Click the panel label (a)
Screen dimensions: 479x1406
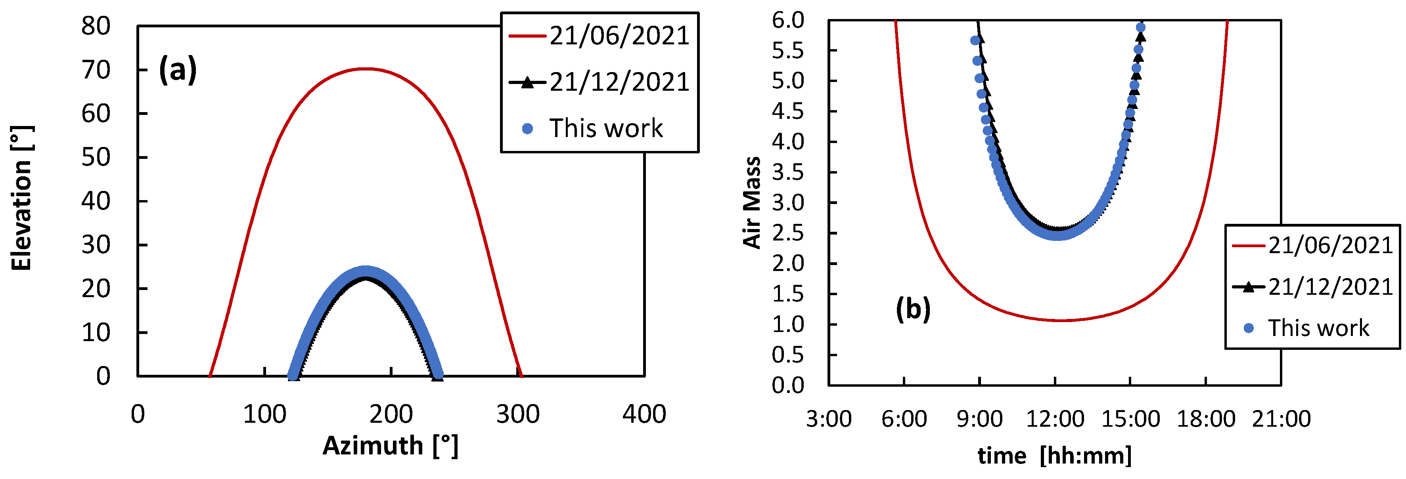177,70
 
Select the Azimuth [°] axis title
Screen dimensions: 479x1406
390,446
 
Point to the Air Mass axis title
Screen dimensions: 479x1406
752,202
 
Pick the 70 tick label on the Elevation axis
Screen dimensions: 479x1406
96,70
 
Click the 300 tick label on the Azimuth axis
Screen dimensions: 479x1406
517,415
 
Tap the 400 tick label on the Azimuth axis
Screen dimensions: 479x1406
644,415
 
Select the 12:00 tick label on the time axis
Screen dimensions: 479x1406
1055,419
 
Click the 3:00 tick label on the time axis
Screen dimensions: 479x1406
829,419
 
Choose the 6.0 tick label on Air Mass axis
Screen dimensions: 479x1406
787,20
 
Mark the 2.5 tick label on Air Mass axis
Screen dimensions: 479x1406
787,233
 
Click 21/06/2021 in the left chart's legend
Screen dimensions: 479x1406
619,36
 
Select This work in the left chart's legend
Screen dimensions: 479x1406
606,129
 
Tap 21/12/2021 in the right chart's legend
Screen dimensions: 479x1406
1330,287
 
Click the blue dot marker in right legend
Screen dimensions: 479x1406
1248,328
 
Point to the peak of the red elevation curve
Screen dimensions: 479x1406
366,69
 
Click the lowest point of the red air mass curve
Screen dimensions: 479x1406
1060,320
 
